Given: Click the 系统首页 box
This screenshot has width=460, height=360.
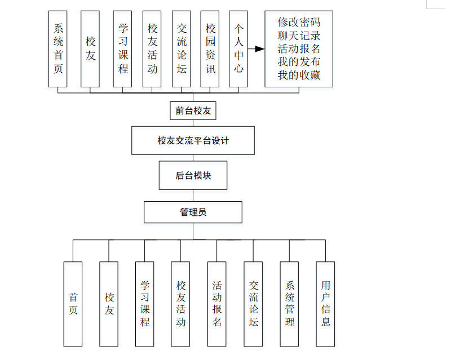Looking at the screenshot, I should pyautogui.click(x=58, y=48).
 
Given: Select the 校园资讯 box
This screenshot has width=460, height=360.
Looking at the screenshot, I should pyautogui.click(x=210, y=48).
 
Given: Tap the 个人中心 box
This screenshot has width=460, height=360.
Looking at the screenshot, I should pyautogui.click(x=238, y=48).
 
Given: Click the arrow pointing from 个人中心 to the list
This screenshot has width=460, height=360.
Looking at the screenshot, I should pyautogui.click(x=256, y=49).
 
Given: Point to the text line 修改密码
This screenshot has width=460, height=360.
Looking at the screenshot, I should pyautogui.click(x=299, y=23).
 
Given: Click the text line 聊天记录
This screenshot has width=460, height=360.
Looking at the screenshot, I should pyautogui.click(x=299, y=35).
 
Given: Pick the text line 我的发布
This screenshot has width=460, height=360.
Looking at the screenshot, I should pyautogui.click(x=299, y=61).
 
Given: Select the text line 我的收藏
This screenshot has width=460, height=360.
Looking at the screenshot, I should pyautogui.click(x=299, y=74).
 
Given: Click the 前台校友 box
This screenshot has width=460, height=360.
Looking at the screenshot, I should pyautogui.click(x=193, y=111).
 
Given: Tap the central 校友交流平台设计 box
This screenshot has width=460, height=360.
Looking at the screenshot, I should pyautogui.click(x=193, y=140).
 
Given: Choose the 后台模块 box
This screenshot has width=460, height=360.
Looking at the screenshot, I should pyautogui.click(x=193, y=175).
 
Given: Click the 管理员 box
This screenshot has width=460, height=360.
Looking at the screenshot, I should pyautogui.click(x=193, y=212).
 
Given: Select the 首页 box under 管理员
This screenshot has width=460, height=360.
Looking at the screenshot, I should pyautogui.click(x=73, y=304).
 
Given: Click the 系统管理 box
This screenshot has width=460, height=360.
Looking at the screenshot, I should pyautogui.click(x=290, y=304).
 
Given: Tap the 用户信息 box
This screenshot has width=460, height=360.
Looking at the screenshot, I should pyautogui.click(x=325, y=304).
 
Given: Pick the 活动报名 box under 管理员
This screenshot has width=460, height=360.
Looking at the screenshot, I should pyautogui.click(x=217, y=304).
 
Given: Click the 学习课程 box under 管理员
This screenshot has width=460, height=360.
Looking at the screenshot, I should pyautogui.click(x=145, y=304).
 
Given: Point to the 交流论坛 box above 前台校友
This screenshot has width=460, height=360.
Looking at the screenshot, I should pyautogui.click(x=182, y=48).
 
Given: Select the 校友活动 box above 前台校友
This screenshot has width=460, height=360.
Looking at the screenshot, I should pyautogui.click(x=152, y=48).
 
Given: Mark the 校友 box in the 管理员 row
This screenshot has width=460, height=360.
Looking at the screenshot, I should pyautogui.click(x=109, y=304).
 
